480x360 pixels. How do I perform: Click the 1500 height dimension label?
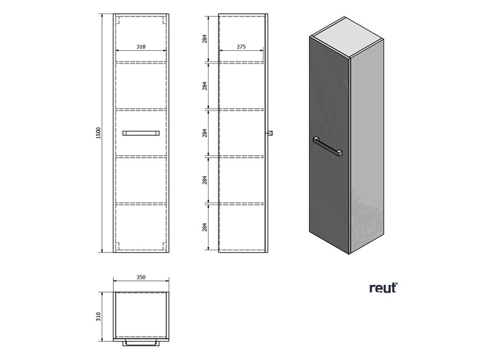pos(98,133)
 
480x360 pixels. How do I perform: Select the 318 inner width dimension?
pos(141,47)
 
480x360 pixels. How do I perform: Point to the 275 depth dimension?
pos(241,47)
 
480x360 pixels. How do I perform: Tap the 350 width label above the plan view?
pos(141,277)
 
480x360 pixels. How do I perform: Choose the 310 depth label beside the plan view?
pos(98,316)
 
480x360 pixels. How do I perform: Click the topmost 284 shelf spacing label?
pos(205,39)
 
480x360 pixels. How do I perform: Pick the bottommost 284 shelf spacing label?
pos(205,227)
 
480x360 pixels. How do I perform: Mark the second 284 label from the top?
pos(205,86)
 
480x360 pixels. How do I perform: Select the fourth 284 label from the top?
pos(205,180)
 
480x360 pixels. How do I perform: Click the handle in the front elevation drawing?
pos(141,133)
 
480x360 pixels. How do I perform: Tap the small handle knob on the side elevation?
pos(270,133)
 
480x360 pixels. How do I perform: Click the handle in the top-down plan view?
pos(141,343)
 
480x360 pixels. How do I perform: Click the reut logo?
pos(383,288)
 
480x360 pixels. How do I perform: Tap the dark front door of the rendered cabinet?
pos(330,145)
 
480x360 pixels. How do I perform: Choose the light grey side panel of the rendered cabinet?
pos(367,146)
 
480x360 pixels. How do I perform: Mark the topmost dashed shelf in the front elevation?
pos(141,62)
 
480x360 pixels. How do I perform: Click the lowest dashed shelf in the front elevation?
pos(141,204)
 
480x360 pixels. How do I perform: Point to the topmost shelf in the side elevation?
pos(241,62)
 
